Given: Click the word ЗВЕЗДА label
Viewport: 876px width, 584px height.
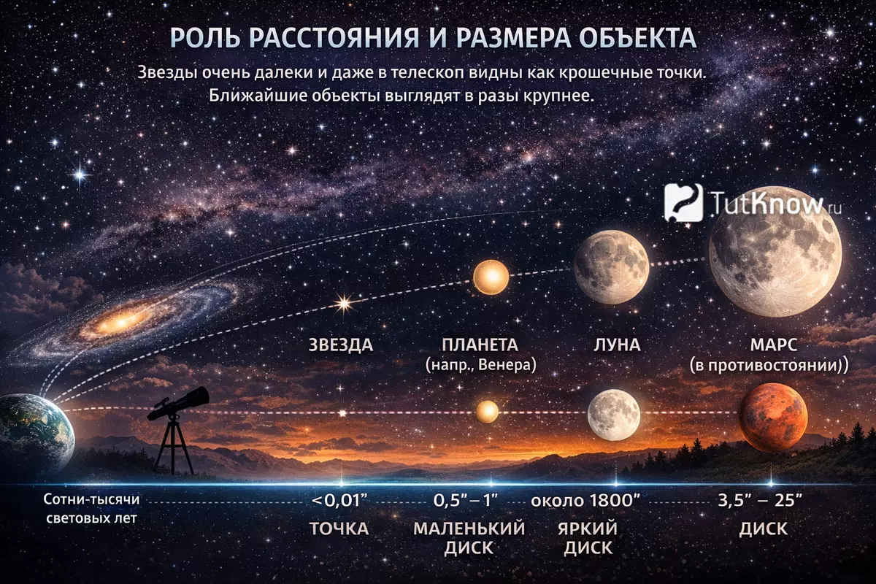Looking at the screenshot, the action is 341,345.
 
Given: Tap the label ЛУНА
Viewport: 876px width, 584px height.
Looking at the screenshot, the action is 617,345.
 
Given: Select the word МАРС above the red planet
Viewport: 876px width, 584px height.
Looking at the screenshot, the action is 769,345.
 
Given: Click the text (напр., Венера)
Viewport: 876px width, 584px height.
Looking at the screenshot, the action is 480,365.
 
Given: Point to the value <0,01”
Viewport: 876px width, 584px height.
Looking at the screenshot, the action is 340,500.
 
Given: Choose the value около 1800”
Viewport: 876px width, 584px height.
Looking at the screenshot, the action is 585,500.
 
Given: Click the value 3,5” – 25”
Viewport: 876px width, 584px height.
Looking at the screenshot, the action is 759,500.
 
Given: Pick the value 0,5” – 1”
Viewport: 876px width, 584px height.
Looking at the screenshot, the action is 465,500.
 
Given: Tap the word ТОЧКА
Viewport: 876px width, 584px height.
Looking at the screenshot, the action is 339,529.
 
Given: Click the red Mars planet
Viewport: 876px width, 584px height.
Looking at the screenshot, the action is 773,418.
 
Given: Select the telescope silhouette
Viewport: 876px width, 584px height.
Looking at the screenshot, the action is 178,430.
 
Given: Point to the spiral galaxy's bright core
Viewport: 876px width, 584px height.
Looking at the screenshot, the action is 119,323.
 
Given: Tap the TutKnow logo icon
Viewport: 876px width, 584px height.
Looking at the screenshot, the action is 683,203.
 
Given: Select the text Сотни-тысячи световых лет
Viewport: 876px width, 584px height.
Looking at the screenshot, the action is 91,509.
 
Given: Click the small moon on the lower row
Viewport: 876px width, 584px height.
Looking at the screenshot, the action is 614,415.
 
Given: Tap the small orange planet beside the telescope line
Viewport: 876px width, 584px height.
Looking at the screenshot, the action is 488,412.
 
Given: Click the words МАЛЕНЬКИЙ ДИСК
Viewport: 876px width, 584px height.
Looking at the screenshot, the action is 469,538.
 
